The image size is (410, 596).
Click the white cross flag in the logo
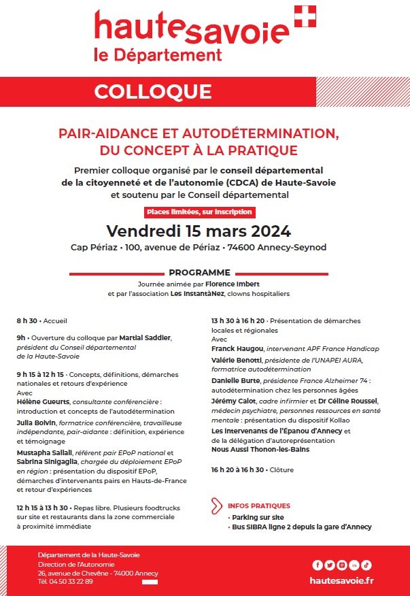click(x=305, y=16)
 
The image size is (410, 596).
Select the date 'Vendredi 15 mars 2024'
click(x=199, y=230)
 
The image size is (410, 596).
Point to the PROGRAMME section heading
click(x=199, y=271)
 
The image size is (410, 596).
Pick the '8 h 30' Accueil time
click(x=27, y=320)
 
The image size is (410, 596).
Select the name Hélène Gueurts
click(x=42, y=401)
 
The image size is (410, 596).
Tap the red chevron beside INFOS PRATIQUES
click(x=217, y=506)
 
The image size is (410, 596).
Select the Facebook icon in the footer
click(x=317, y=565)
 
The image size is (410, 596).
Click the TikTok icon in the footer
click(x=366, y=565)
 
